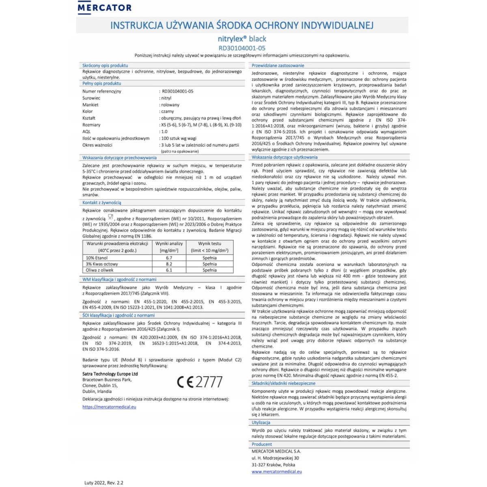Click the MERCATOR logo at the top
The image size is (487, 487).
pyautogui.click(x=104, y=7)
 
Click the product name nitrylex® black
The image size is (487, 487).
pyautogui.click(x=242, y=39)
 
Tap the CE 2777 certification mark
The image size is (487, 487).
pyautogui.click(x=200, y=382)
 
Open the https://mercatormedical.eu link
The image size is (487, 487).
pyautogui.click(x=109, y=407)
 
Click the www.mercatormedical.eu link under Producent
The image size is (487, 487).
pyautogui.click(x=276, y=472)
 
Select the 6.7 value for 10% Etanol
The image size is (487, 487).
pyautogui.click(x=169, y=258)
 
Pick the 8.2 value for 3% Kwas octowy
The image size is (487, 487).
pyautogui.click(x=169, y=264)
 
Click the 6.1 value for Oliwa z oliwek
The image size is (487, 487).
pyautogui.click(x=169, y=270)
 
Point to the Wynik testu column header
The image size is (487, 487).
pyautogui.click(x=209, y=244)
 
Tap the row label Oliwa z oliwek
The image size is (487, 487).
pyautogui.click(x=99, y=270)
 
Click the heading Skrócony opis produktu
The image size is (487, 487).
pyautogui.click(x=105, y=65)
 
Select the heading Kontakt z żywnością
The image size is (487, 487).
pyautogui.click(x=101, y=203)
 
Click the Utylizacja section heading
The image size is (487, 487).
pyautogui.click(x=261, y=422)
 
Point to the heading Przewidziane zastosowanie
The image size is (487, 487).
pyautogui.click(x=278, y=65)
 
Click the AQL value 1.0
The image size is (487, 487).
pyautogui.click(x=164, y=131)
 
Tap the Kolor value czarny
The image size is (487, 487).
pyautogui.click(x=167, y=111)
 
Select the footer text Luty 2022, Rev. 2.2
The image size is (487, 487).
pyautogui.click(x=104, y=483)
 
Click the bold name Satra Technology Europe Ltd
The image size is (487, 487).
pyautogui.click(x=110, y=374)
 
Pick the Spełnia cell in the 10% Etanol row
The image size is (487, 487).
pyautogui.click(x=209, y=258)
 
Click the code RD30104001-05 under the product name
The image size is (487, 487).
pyautogui.click(x=242, y=48)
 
